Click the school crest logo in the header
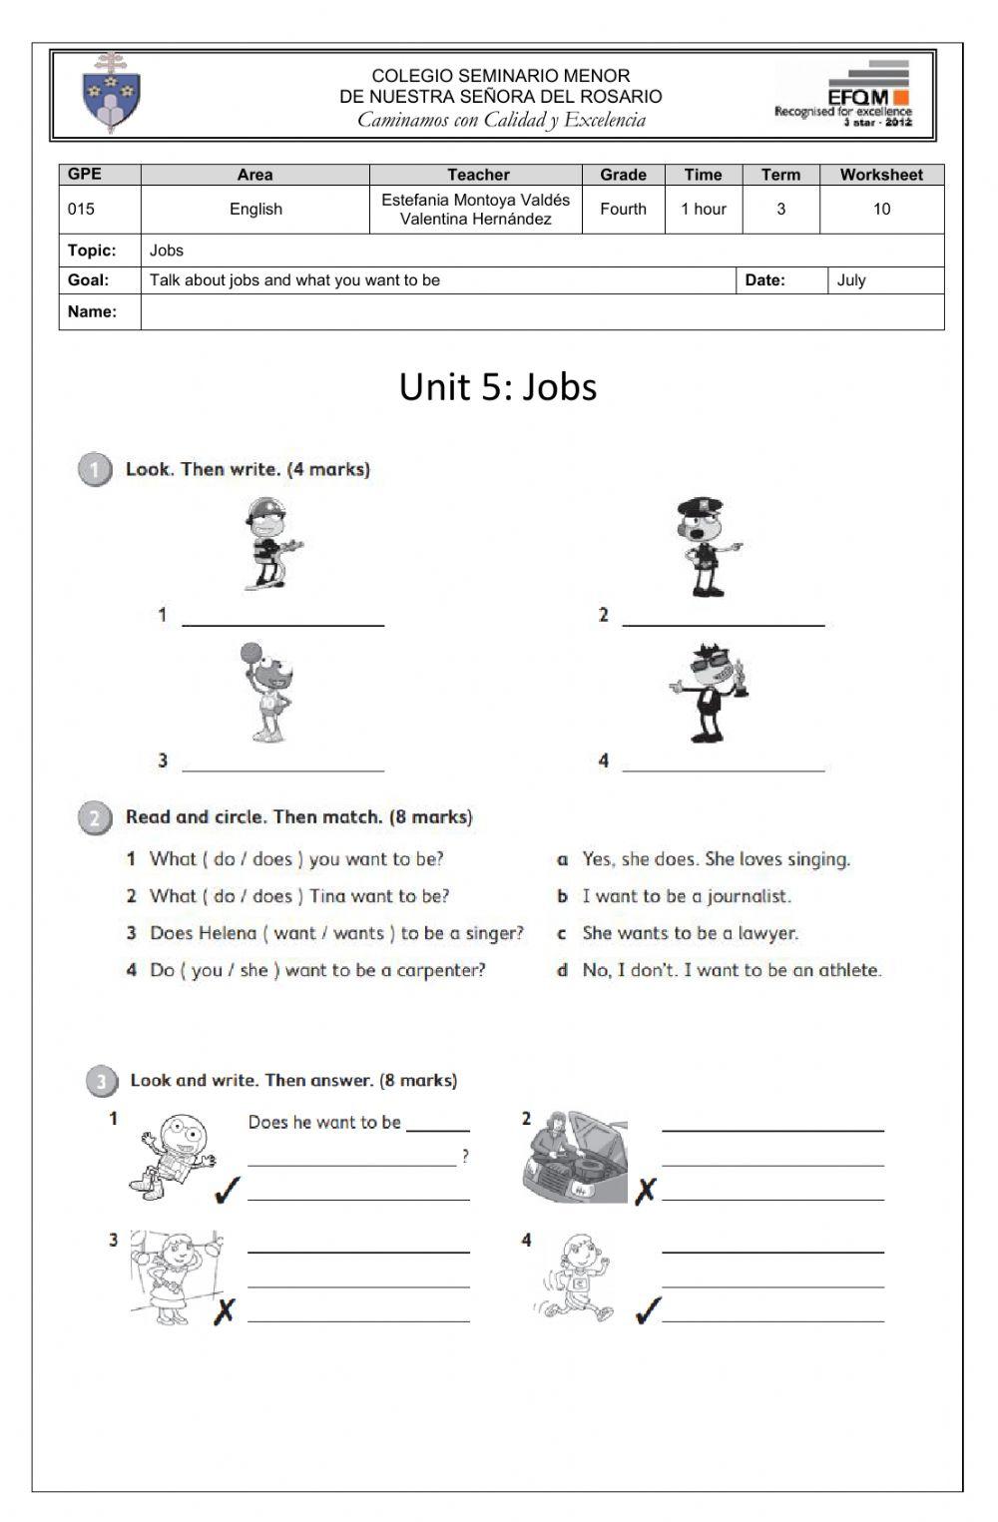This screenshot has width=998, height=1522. pos(111,95)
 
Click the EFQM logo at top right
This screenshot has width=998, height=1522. pos(844,95)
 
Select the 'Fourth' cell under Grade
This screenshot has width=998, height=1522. pos(623,210)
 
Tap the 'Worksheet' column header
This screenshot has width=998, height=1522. pos(880,175)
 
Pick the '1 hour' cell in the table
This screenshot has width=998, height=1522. pos(703,210)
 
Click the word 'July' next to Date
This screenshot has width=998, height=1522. pos(851,280)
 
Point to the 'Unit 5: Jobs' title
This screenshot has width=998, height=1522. pos(498,387)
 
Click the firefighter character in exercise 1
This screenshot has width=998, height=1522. pos(269,545)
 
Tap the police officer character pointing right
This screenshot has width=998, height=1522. pos(707,548)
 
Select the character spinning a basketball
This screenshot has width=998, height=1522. pos(265,693)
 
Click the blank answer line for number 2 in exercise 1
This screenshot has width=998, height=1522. pos(724,618)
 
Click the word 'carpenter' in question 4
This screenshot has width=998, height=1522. pos(440,970)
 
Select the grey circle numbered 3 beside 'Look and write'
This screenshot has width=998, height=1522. pos(101,1081)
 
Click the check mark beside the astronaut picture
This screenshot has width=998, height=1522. pos(228,1190)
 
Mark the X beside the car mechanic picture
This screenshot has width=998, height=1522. pos(646,1190)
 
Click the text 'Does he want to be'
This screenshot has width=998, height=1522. pos(324,1123)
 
